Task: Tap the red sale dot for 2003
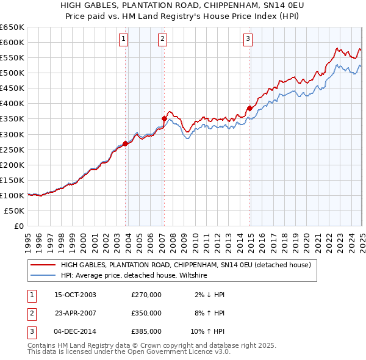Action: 125,143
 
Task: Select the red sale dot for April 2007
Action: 164,118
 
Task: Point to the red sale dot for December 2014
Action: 249,108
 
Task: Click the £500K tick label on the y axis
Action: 12,73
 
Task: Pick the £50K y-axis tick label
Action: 15,211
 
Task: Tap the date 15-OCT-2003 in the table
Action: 75,295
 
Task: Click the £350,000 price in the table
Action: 146,313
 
